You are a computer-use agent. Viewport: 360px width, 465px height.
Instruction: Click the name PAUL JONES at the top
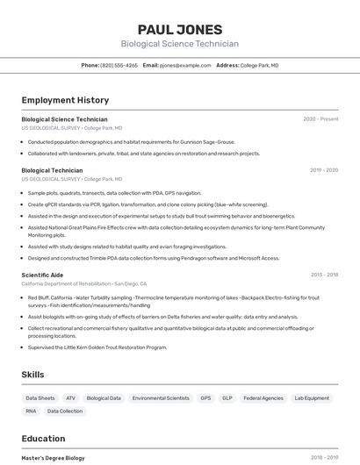(x=179, y=29)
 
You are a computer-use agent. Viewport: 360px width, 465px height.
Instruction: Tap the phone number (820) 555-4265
(x=119, y=65)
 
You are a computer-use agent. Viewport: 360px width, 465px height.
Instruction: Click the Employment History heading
(x=65, y=100)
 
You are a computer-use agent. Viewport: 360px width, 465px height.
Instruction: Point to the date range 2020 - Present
(x=320, y=119)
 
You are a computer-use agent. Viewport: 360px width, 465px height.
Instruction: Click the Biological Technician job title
(x=52, y=170)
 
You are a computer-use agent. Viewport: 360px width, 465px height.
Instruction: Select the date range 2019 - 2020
(x=323, y=170)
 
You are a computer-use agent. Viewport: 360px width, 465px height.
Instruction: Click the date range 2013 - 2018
(x=323, y=275)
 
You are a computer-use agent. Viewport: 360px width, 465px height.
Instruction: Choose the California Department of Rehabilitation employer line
(x=83, y=284)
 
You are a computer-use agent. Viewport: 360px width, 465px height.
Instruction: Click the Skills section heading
(x=32, y=375)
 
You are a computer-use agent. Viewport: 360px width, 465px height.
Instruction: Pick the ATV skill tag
(x=70, y=398)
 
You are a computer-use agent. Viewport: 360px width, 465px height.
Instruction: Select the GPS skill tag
(x=205, y=398)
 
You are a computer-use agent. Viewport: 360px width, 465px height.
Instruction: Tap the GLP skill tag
(x=227, y=398)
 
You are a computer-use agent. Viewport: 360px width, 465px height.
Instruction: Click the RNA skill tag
(x=31, y=411)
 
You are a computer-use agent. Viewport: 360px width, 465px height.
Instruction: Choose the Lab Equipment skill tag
(x=312, y=398)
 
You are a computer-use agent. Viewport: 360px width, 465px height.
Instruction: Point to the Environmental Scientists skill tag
(x=161, y=398)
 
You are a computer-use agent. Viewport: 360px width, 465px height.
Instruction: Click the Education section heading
(x=43, y=439)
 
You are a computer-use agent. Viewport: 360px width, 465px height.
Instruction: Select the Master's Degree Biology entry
(x=53, y=458)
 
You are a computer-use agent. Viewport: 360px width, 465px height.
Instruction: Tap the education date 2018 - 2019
(x=323, y=458)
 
